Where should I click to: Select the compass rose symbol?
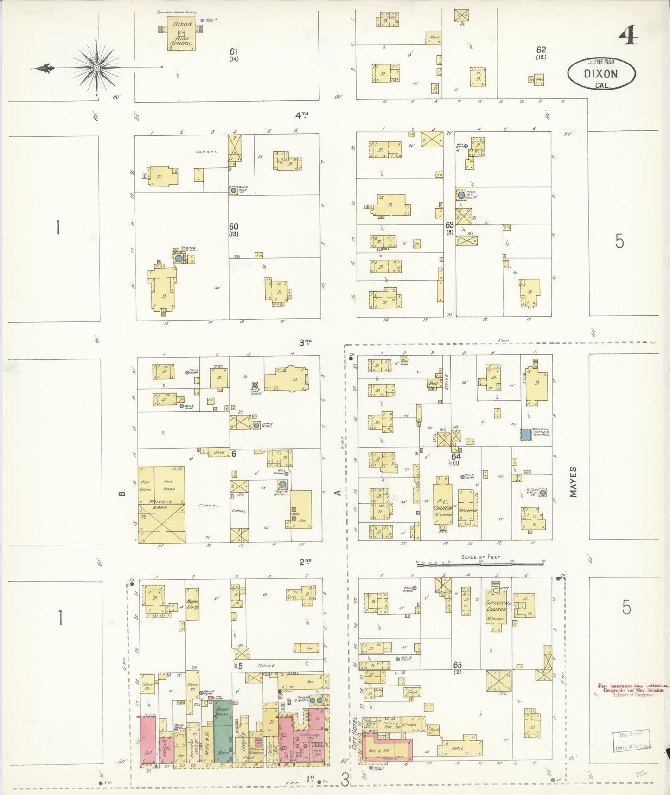click(96, 68)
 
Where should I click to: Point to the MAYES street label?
click(574, 482)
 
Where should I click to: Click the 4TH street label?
click(302, 115)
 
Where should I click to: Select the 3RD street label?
click(305, 343)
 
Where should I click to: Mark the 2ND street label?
click(305, 562)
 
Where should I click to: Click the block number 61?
click(234, 51)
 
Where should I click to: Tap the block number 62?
click(541, 50)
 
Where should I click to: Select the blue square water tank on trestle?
click(525, 435)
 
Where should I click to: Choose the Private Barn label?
click(160, 502)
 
